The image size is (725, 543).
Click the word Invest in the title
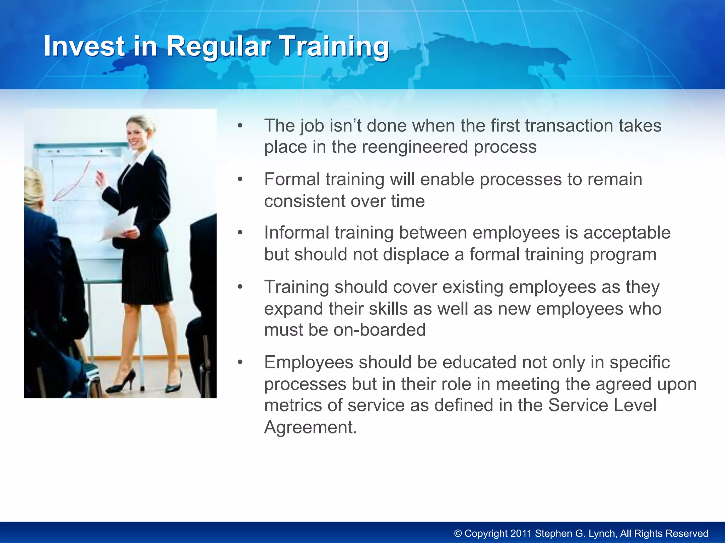[84, 46]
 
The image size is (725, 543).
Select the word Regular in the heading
[218, 46]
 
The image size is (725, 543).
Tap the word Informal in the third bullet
[296, 233]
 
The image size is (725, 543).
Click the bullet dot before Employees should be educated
[240, 363]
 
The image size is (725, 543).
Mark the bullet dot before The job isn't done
[240, 126]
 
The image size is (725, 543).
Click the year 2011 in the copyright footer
[520, 533]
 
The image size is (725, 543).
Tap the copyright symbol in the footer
[458, 533]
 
